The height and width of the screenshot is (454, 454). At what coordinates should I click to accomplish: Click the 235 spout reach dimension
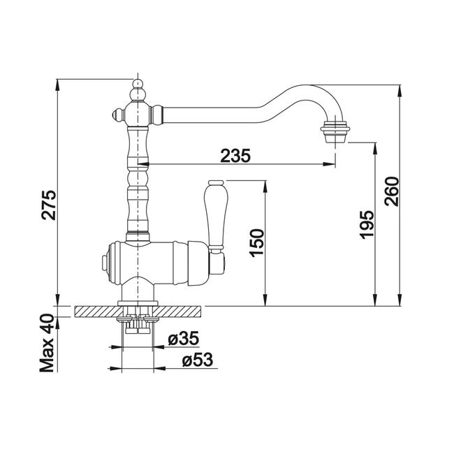pyautogui.click(x=235, y=156)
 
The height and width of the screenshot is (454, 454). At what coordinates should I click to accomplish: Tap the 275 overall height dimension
pyautogui.click(x=48, y=205)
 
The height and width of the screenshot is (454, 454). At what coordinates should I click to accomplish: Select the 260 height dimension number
pyautogui.click(x=391, y=191)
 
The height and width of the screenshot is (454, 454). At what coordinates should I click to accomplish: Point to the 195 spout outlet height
pyautogui.click(x=367, y=225)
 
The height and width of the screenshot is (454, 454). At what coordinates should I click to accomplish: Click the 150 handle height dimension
pyautogui.click(x=257, y=243)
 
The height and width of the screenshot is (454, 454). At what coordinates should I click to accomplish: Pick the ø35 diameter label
pyautogui.click(x=184, y=338)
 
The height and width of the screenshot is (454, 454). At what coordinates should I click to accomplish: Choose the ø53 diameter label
pyautogui.click(x=198, y=360)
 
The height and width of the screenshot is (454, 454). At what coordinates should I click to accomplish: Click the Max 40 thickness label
pyautogui.click(x=47, y=343)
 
